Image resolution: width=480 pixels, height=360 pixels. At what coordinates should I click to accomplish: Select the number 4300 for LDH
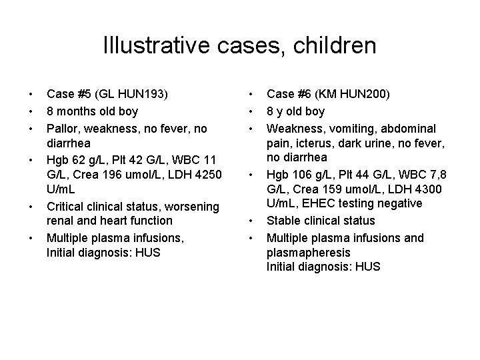(x=419, y=175)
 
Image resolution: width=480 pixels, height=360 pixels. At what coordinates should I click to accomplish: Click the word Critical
(x=67, y=206)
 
